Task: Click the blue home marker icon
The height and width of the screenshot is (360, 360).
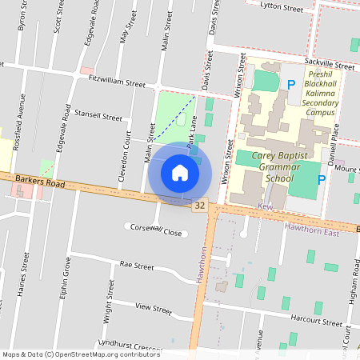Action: point(180,173)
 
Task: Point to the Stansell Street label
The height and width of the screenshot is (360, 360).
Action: point(98,116)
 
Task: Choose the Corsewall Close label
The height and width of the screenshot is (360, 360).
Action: point(158,230)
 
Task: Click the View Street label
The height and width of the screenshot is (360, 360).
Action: point(154,308)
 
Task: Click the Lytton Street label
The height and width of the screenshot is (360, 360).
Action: point(282,7)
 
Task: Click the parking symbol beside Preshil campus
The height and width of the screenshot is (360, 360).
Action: point(291,83)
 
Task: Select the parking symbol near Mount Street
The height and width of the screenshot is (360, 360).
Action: point(321,180)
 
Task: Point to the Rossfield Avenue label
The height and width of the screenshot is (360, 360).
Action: point(23,116)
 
